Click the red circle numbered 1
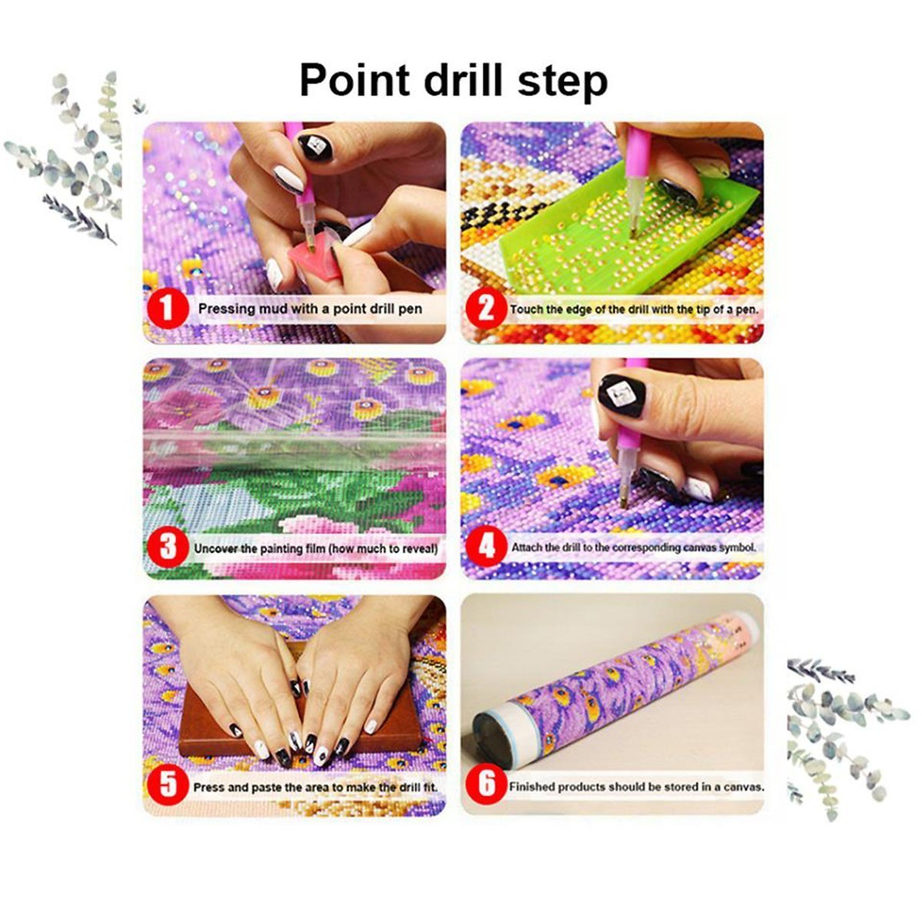(167, 308)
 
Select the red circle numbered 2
(486, 309)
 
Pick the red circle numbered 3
(167, 547)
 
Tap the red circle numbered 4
(486, 546)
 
